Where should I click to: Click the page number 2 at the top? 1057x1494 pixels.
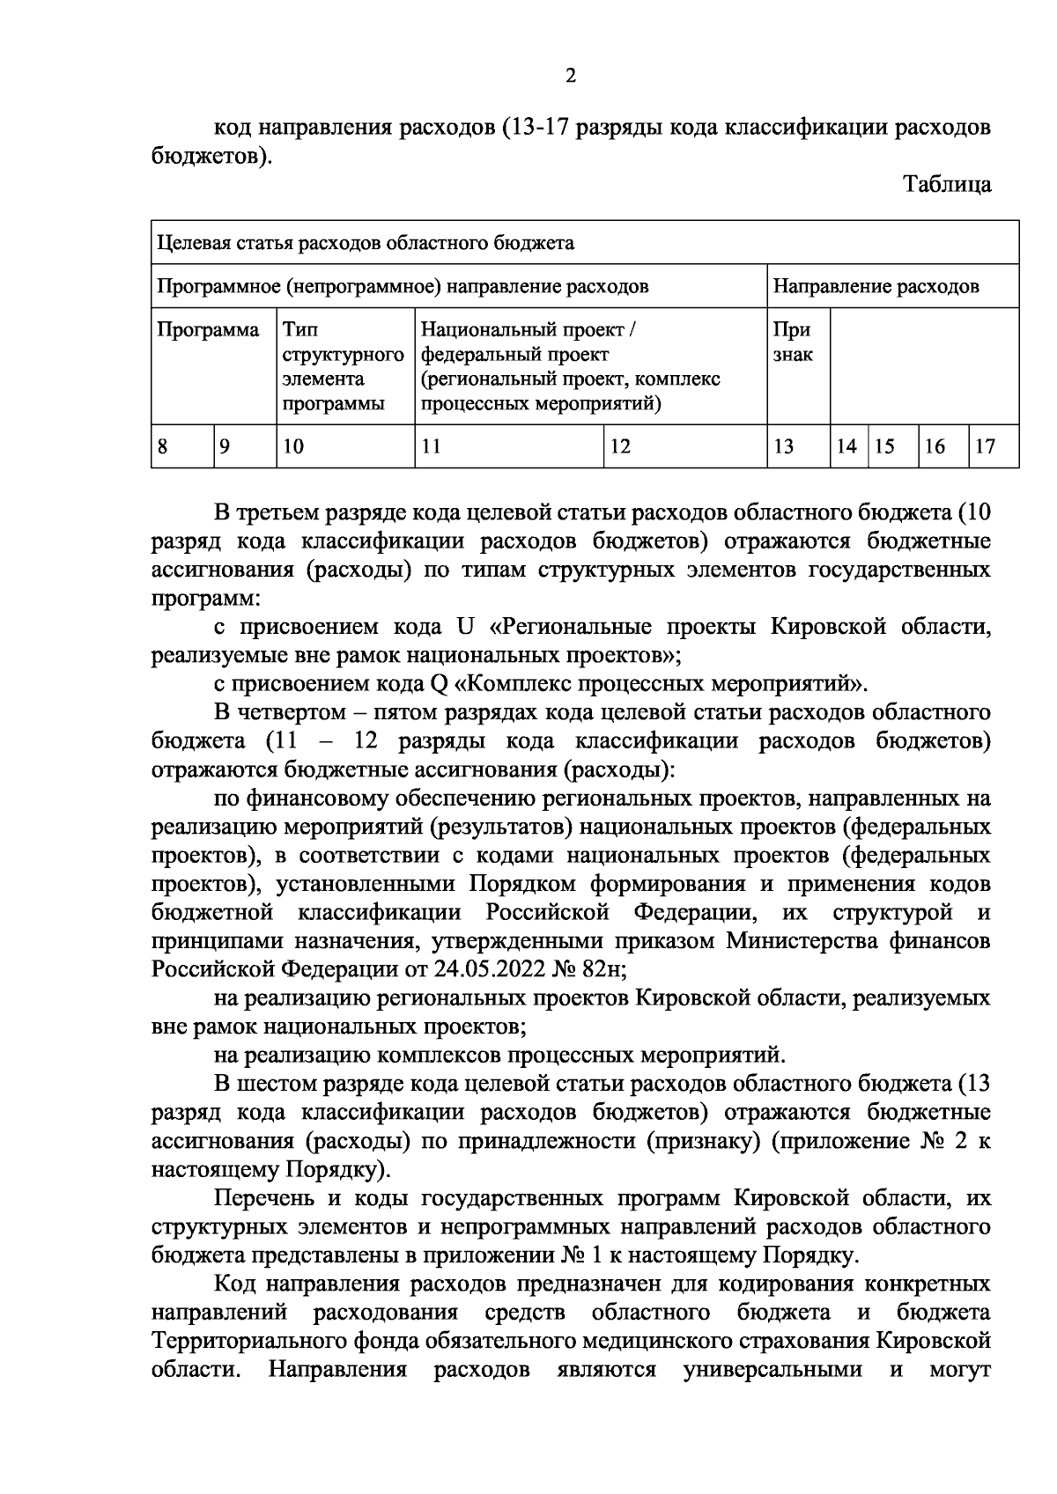(571, 77)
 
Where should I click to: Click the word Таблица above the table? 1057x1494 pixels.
(947, 185)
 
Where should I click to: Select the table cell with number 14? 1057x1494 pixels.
(846, 446)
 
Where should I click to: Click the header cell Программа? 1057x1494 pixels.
(209, 331)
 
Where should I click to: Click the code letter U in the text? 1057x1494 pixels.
(465, 628)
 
